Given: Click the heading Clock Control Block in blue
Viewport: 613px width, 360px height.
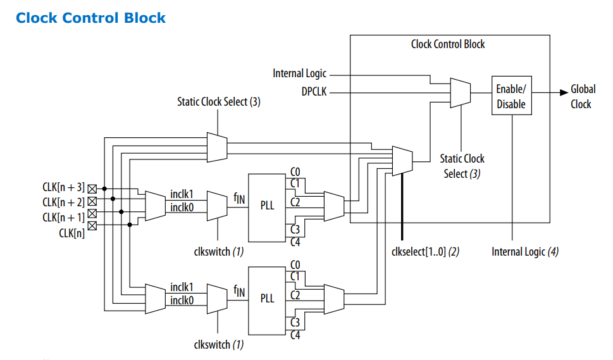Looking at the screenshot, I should [90, 18].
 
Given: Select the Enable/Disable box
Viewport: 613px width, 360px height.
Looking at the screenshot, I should [511, 96].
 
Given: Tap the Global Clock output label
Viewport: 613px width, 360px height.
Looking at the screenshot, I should [581, 97].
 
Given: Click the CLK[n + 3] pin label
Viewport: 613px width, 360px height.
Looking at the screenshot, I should [63, 188].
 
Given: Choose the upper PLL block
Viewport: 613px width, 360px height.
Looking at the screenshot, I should [268, 206].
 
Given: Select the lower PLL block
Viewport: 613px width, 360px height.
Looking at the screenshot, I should [268, 299].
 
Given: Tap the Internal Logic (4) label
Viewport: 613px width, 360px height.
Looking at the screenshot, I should [525, 252].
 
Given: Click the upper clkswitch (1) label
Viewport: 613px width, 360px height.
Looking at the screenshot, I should [219, 251].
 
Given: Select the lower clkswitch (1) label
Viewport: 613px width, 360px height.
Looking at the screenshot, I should [219, 345].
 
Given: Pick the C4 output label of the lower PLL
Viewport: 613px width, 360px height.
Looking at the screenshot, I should [295, 335].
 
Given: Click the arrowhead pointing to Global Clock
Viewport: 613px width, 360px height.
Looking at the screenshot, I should [564, 92].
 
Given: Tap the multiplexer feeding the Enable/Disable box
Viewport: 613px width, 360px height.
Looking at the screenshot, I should [459, 92].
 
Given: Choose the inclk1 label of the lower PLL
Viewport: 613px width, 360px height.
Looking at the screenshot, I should [182, 288].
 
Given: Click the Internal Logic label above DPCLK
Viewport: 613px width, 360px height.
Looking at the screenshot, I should [300, 73].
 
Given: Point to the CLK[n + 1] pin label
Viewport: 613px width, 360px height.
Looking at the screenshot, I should [63, 218].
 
